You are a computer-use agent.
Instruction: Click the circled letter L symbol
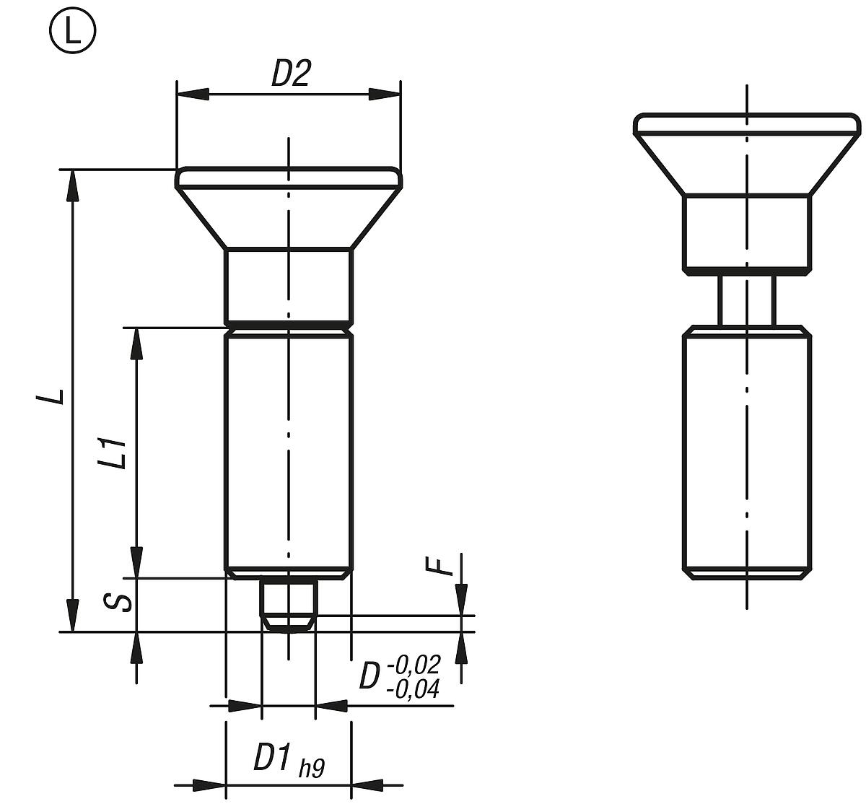(x=72, y=33)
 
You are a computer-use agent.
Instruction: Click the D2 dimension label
(x=290, y=74)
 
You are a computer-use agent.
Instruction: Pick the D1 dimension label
(x=274, y=758)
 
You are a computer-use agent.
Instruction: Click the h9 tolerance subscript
(x=312, y=769)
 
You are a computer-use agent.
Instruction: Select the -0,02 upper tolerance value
(x=413, y=665)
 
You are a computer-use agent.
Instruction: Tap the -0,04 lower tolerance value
(x=413, y=690)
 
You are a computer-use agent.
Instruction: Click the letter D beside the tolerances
(x=369, y=676)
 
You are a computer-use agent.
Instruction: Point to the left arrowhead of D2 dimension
(x=192, y=94)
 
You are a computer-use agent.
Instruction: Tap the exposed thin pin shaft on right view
(x=747, y=300)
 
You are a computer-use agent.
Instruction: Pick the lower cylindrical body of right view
(x=747, y=451)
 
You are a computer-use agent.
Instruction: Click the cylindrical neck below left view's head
(x=289, y=286)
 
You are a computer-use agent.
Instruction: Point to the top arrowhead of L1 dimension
(x=135, y=344)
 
